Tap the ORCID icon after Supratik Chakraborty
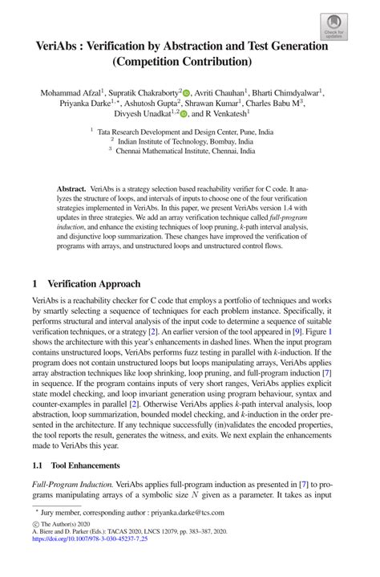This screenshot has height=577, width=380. click(x=187, y=92)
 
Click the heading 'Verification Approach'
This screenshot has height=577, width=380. click(x=95, y=285)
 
